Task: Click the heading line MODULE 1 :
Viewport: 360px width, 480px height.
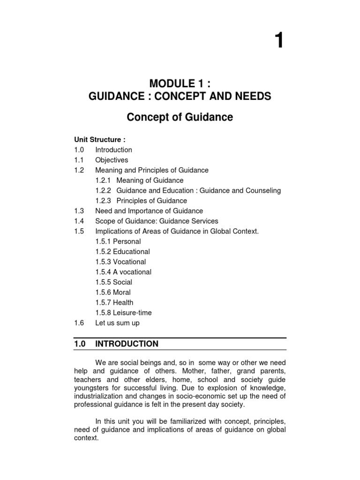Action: click(x=180, y=84)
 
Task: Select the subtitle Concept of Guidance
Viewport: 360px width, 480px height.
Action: click(x=180, y=117)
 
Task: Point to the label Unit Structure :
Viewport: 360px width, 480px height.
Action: click(x=100, y=140)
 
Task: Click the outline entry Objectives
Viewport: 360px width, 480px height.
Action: click(x=112, y=160)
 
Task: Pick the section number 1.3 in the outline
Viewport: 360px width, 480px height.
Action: click(x=78, y=211)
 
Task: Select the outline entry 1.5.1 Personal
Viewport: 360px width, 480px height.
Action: click(x=118, y=241)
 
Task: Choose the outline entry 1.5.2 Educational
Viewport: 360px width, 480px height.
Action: click(x=123, y=252)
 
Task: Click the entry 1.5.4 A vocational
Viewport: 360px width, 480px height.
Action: click(x=123, y=272)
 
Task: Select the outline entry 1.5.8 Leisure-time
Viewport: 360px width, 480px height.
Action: click(x=123, y=313)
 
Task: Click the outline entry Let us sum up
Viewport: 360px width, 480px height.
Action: click(x=117, y=323)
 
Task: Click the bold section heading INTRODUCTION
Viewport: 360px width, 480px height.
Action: click(x=127, y=344)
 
